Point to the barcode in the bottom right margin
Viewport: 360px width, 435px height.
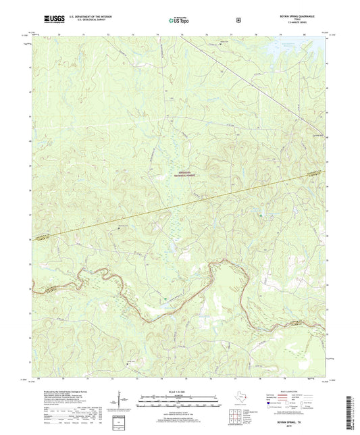coord(353,406)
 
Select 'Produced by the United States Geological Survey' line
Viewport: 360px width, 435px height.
coord(64,391)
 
